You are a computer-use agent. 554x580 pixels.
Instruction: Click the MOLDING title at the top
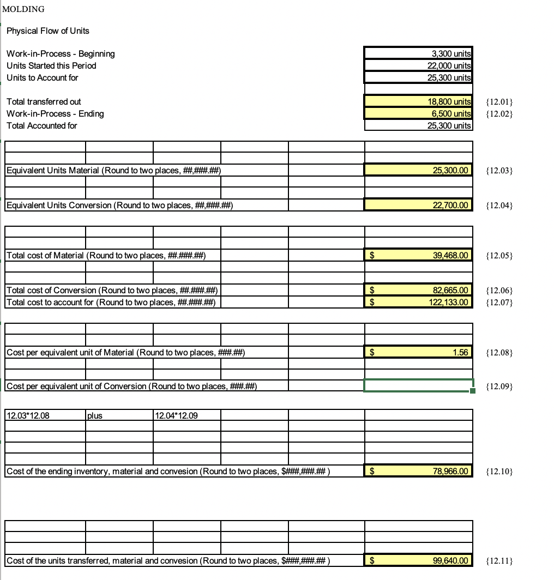pyautogui.click(x=23, y=9)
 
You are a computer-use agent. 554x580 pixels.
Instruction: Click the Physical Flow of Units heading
pyautogui.click(x=48, y=31)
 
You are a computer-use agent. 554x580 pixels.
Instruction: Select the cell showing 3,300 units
pyautogui.click(x=418, y=53)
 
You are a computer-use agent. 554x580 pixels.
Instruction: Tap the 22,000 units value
pyautogui.click(x=418, y=65)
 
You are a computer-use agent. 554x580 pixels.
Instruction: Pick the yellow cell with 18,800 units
pyautogui.click(x=418, y=101)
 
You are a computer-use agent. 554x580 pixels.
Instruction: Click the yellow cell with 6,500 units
pyautogui.click(x=418, y=113)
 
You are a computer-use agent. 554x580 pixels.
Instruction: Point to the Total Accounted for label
pyautogui.click(x=42, y=125)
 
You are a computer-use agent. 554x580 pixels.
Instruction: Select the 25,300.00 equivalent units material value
pyautogui.click(x=418, y=171)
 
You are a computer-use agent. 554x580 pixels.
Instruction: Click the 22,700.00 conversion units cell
pyautogui.click(x=418, y=205)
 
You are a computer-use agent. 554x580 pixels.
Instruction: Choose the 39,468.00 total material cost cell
pyautogui.click(x=418, y=255)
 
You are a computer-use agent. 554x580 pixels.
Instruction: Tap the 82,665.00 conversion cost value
pyautogui.click(x=418, y=290)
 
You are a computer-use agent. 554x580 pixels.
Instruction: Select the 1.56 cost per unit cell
pyautogui.click(x=418, y=352)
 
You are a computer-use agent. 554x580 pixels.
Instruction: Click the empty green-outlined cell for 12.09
pyautogui.click(x=418, y=386)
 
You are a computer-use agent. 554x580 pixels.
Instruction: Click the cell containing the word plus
pyautogui.click(x=118, y=415)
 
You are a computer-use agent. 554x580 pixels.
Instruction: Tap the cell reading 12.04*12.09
pyautogui.click(x=187, y=415)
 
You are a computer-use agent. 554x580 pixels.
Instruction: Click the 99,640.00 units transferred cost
pyautogui.click(x=418, y=560)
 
